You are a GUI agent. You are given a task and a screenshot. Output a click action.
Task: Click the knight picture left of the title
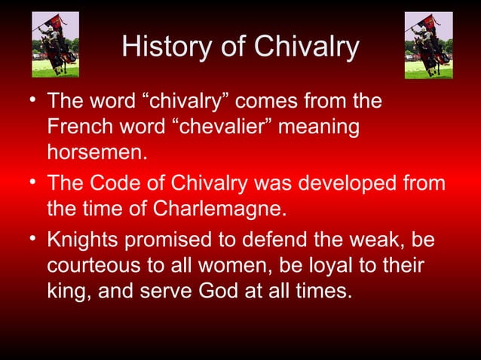tap(55, 44)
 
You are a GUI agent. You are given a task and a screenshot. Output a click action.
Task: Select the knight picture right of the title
tap(427, 44)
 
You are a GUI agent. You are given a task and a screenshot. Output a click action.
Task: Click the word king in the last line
tap(67, 290)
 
